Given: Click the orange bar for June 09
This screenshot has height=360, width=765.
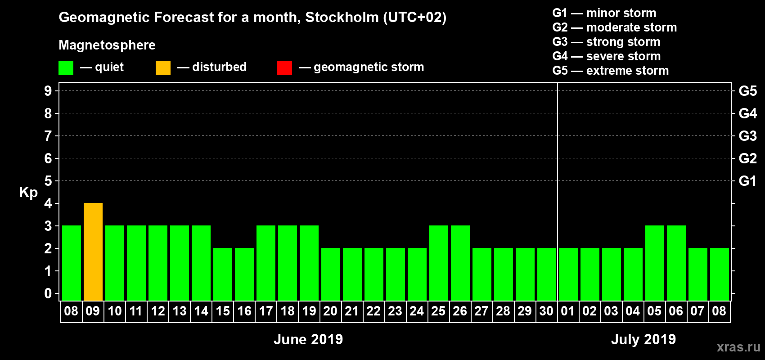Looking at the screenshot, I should [93, 252].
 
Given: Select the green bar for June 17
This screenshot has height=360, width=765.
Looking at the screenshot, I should [266, 263].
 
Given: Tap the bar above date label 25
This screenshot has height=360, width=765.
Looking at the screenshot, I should [439, 263].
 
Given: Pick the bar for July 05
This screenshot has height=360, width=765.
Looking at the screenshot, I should [655, 263].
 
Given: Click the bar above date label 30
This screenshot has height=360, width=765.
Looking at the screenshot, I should [547, 274].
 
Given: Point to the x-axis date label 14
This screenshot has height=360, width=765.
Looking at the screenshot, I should [201, 311].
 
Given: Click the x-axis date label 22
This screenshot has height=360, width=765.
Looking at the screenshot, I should [373, 311].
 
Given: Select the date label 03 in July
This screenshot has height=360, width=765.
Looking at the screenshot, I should [611, 311].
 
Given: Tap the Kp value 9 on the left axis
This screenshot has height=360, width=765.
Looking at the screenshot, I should [48, 91].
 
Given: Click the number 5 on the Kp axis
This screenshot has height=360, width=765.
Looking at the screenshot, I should [48, 181].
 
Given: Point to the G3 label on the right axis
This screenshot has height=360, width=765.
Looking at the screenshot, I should [747, 136].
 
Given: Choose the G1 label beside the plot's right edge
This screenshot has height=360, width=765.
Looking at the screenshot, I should [747, 181].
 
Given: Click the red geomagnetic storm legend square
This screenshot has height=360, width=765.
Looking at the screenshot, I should [284, 68].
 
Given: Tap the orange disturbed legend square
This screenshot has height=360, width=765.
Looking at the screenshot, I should [163, 68].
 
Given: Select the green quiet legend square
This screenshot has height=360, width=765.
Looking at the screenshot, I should [66, 68].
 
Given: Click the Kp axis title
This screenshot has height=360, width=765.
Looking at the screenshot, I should [28, 192].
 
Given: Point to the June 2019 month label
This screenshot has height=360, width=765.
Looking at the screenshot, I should [308, 339].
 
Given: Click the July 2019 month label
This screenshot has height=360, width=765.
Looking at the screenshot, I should [643, 339].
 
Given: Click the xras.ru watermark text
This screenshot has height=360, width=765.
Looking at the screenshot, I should [738, 347].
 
